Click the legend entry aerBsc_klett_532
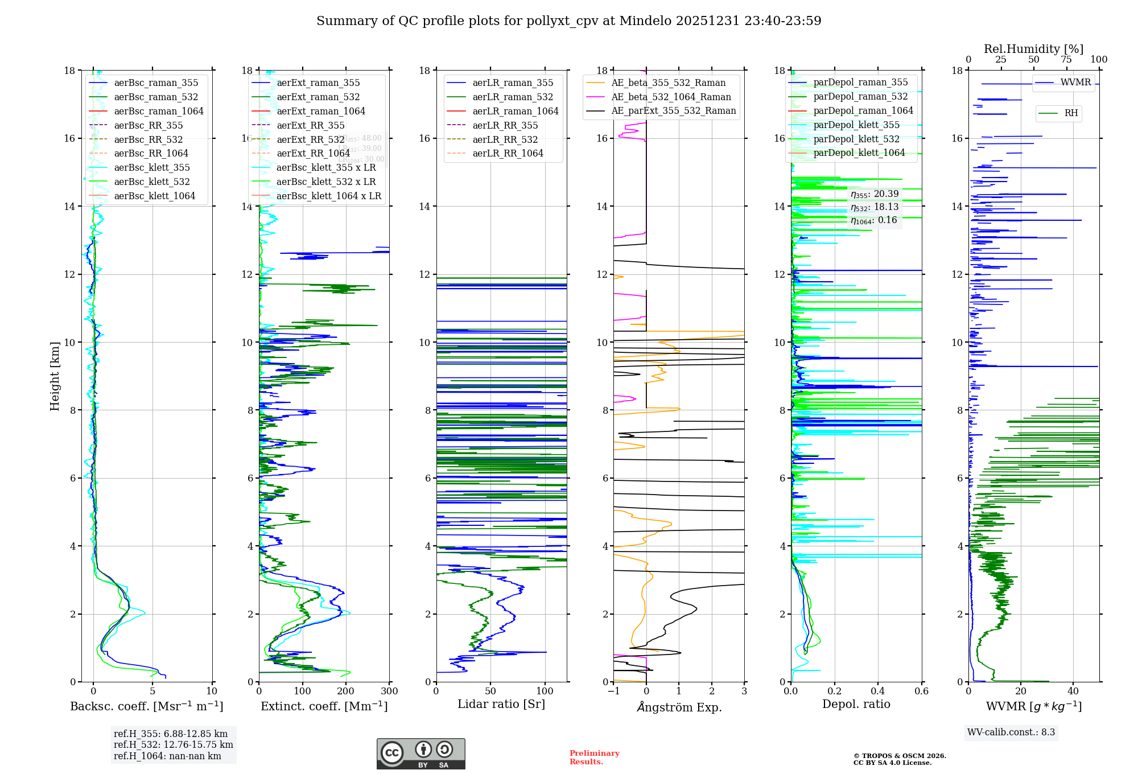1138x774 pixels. [151, 182]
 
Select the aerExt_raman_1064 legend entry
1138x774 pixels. [321, 111]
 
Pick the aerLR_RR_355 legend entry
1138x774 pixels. [505, 125]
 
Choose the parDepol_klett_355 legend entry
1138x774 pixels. [856, 125]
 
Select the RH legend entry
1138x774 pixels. [1071, 113]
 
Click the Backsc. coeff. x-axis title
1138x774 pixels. [146, 706]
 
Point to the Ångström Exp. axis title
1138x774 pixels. [679, 707]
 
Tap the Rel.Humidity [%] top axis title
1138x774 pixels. [1033, 49]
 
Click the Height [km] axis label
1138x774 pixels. [55, 376]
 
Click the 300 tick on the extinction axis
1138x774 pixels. [390, 691]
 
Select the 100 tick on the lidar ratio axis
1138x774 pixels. [545, 691]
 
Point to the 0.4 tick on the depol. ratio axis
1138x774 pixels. [878, 691]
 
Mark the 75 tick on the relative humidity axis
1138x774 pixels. [1066, 60]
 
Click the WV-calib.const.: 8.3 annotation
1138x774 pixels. [1011, 732]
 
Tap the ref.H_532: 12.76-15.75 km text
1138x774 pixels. [173, 745]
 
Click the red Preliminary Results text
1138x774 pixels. [594, 757]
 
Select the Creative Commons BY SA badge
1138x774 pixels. [420, 754]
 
